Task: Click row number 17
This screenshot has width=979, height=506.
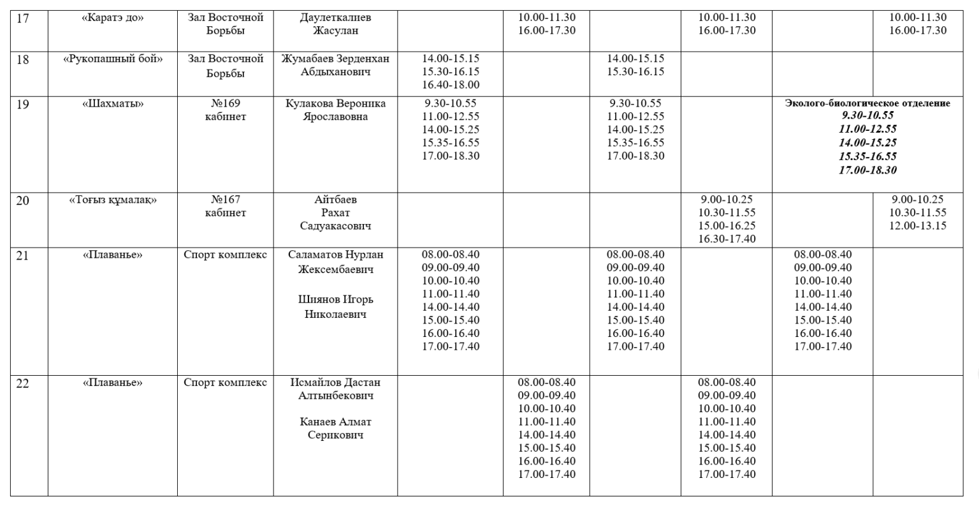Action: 23,18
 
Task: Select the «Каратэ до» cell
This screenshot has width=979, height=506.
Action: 113,18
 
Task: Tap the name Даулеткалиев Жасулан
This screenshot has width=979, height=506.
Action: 335,24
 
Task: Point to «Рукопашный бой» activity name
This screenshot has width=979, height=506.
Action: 113,59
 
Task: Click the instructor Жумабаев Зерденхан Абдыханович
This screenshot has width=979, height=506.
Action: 335,66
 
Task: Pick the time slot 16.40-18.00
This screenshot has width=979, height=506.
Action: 451,85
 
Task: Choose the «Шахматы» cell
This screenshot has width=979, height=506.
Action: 113,104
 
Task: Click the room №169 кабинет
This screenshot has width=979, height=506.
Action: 225,110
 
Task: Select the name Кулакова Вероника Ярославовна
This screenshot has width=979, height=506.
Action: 335,110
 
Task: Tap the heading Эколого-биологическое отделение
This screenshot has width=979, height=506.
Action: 867,103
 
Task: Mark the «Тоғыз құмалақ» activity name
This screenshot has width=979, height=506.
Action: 113,200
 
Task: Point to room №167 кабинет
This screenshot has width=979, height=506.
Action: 225,206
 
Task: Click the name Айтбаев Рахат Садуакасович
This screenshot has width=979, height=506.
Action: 335,212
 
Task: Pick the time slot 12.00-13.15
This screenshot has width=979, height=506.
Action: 918,226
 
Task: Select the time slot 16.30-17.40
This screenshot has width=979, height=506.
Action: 727,239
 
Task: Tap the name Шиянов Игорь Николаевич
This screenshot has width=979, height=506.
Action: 335,306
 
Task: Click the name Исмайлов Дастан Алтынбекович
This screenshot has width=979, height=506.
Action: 335,389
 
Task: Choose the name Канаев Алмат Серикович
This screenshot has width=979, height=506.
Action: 335,429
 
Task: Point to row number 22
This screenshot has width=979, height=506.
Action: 23,383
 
